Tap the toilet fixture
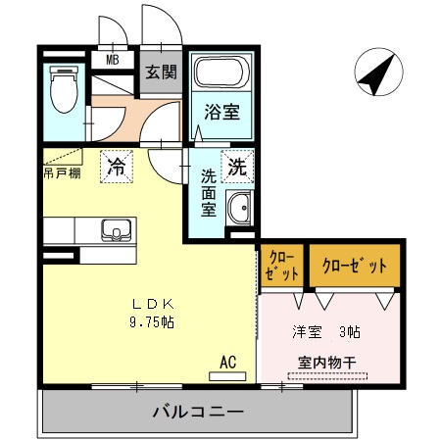[x=66, y=90]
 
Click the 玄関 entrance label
[x=161, y=72]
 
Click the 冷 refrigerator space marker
[x=117, y=167]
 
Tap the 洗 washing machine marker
[x=238, y=167]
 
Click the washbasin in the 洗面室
[x=238, y=208]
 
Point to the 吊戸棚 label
[x=62, y=173]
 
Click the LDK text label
[x=151, y=304]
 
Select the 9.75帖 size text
[x=151, y=321]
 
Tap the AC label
[x=227, y=362]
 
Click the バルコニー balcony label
[x=197, y=411]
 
